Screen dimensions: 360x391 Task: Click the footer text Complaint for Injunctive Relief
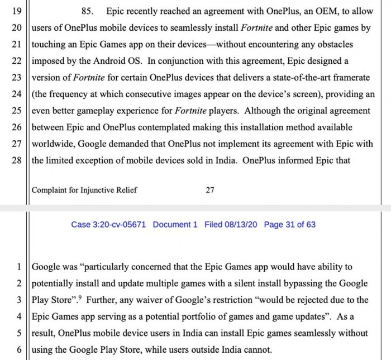pos(84,190)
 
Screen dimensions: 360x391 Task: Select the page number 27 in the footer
pos(210,190)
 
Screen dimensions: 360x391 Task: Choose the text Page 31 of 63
pos(289,224)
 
